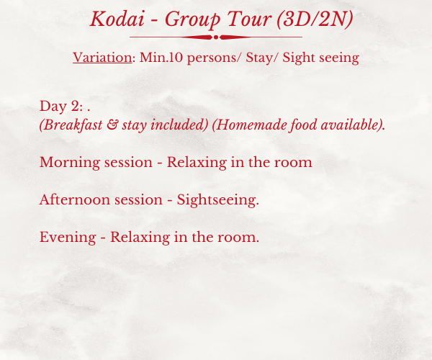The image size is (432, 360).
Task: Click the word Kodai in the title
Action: point(117,19)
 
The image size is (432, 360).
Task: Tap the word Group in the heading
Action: point(192,20)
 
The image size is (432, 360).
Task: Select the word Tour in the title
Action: point(249,19)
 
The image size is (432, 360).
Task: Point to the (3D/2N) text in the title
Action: point(315,19)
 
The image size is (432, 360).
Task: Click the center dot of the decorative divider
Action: point(216,37)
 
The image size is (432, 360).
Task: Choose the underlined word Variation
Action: point(102,58)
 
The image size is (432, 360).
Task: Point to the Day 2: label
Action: point(61,107)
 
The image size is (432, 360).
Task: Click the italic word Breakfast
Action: point(71,125)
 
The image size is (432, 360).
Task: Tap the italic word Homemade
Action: point(250,125)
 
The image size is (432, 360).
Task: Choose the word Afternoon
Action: point(75,199)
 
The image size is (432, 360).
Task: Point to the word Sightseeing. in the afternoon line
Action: point(218,200)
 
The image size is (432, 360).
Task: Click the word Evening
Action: point(68,238)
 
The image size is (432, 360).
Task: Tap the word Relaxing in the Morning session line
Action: point(197,163)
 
